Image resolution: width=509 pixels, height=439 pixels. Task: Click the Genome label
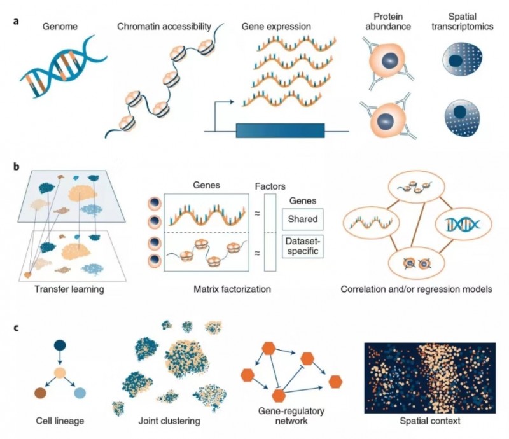tap(59, 28)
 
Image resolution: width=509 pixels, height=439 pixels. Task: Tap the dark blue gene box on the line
tap(280, 130)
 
